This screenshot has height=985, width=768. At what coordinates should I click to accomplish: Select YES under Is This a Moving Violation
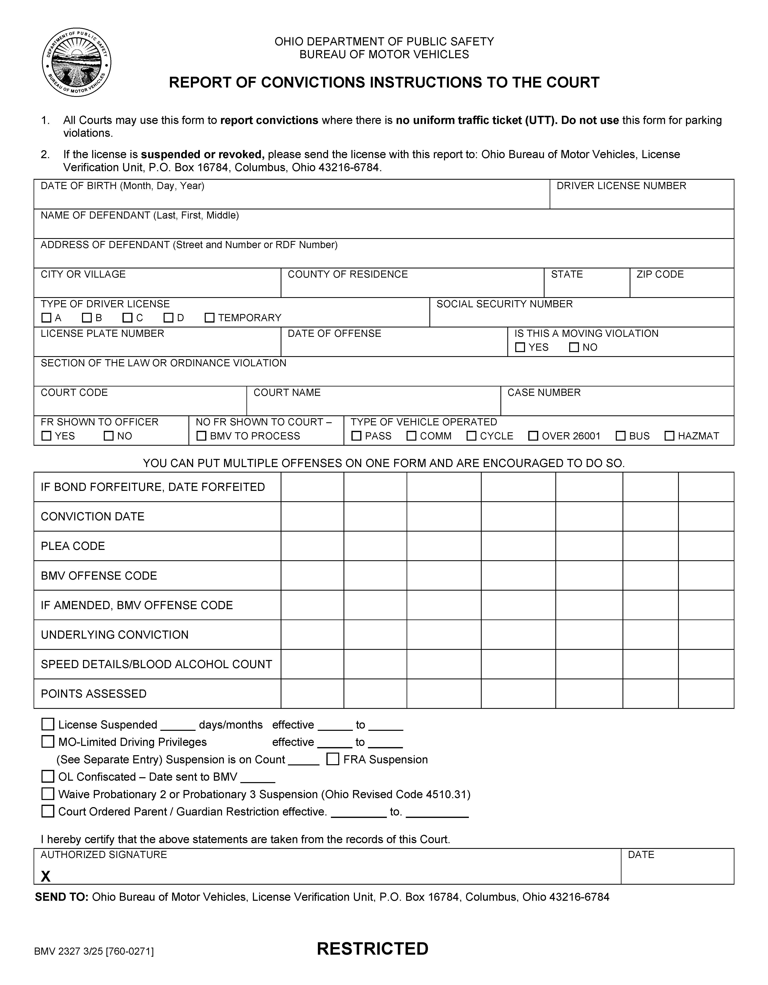tap(520, 347)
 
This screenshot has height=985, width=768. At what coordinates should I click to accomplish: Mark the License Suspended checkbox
tap(48, 724)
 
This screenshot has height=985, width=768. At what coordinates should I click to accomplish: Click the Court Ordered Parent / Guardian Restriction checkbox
tap(48, 811)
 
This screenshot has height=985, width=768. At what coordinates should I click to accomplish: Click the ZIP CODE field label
tap(660, 274)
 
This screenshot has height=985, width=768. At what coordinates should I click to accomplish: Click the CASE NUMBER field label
tap(544, 392)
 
